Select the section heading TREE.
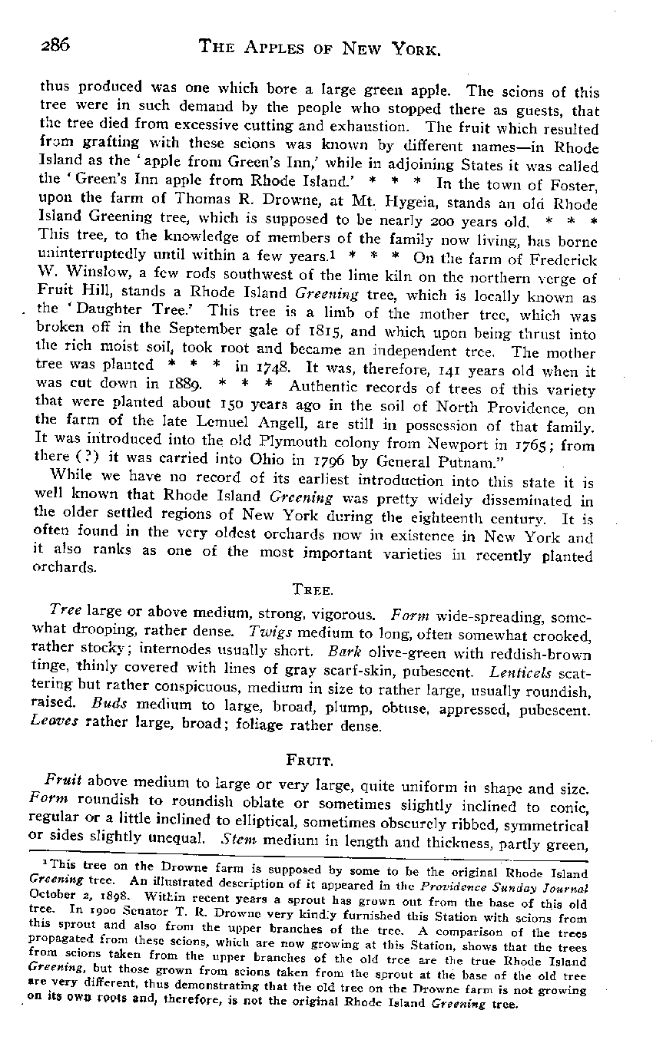click(x=310, y=589)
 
